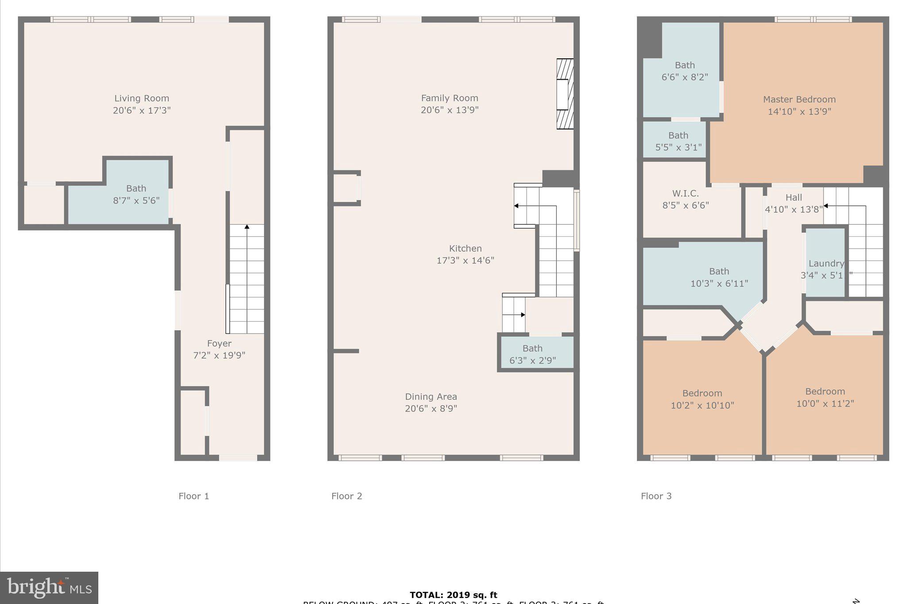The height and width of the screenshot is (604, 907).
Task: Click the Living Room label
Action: (142, 98)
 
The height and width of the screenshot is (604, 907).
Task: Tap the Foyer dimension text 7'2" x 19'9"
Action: (219, 355)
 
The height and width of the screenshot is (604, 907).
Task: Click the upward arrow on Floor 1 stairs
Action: (247, 227)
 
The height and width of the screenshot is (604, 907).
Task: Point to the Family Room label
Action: (450, 98)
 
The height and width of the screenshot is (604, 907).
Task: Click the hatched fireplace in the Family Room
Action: (565, 94)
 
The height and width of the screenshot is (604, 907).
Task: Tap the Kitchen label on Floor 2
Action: (465, 248)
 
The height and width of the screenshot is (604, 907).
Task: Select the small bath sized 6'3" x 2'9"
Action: (532, 354)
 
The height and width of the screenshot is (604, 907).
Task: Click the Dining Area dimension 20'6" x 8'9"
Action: (431, 408)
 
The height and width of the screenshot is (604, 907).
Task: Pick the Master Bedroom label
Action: (799, 100)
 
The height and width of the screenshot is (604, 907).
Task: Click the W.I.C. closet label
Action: (685, 193)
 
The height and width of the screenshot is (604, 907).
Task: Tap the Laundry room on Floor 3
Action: (826, 269)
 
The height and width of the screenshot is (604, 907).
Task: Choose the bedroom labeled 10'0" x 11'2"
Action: (825, 397)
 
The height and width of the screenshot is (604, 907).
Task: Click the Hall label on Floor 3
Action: (794, 197)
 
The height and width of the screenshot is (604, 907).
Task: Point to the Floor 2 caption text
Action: (347, 496)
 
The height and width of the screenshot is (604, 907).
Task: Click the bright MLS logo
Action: (49, 588)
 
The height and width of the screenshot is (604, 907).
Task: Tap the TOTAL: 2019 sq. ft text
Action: (453, 595)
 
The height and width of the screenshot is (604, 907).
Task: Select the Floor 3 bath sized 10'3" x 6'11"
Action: (719, 277)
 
